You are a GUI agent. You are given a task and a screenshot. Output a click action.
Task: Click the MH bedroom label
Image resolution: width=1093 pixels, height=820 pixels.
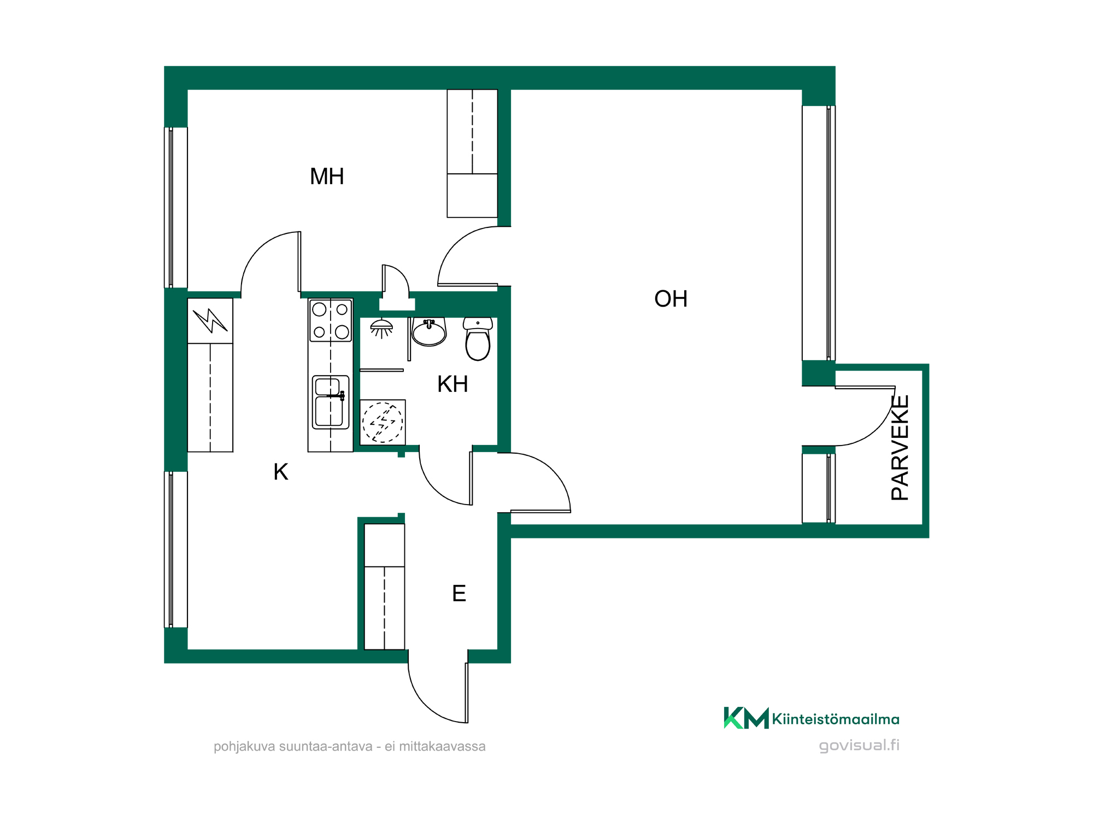tap(327, 177)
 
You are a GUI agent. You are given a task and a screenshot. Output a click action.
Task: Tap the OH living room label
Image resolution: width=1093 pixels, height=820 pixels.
tap(671, 299)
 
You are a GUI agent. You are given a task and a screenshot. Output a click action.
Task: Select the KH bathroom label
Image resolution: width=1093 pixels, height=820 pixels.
tap(453, 384)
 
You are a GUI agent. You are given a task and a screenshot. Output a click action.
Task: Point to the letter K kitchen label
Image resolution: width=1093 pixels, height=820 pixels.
tap(281, 472)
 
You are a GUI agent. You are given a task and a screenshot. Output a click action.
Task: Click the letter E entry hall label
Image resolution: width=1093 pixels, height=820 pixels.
tap(459, 594)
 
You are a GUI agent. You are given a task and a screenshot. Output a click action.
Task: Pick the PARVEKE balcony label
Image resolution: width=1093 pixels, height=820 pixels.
tap(900, 448)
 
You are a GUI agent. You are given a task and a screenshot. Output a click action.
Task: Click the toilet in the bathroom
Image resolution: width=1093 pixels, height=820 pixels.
tap(478, 339)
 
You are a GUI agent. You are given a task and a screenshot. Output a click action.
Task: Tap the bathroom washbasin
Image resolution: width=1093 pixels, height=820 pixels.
tap(429, 332)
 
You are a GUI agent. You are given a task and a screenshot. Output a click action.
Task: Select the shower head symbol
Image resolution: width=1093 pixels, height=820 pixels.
tap(381, 328)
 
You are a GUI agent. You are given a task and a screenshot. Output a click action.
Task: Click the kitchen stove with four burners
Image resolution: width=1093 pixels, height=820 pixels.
tap(331, 320)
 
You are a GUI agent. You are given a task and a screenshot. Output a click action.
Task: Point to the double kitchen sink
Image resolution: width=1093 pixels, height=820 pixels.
tap(331, 402)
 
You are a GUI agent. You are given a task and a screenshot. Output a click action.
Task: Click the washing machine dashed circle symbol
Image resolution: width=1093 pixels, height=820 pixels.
tap(383, 422)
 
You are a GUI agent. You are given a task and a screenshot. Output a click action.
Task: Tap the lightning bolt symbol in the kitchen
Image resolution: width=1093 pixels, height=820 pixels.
tap(210, 321)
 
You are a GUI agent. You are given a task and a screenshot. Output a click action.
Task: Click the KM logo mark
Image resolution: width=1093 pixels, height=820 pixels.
tap(746, 718)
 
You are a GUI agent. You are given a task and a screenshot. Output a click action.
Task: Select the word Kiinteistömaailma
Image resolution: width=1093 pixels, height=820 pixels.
tap(836, 719)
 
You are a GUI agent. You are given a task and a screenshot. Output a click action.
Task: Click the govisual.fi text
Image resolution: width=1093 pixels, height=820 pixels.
tap(859, 746)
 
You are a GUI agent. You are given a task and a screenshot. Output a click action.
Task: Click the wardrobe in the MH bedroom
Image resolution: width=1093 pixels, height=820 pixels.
tap(472, 154)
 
